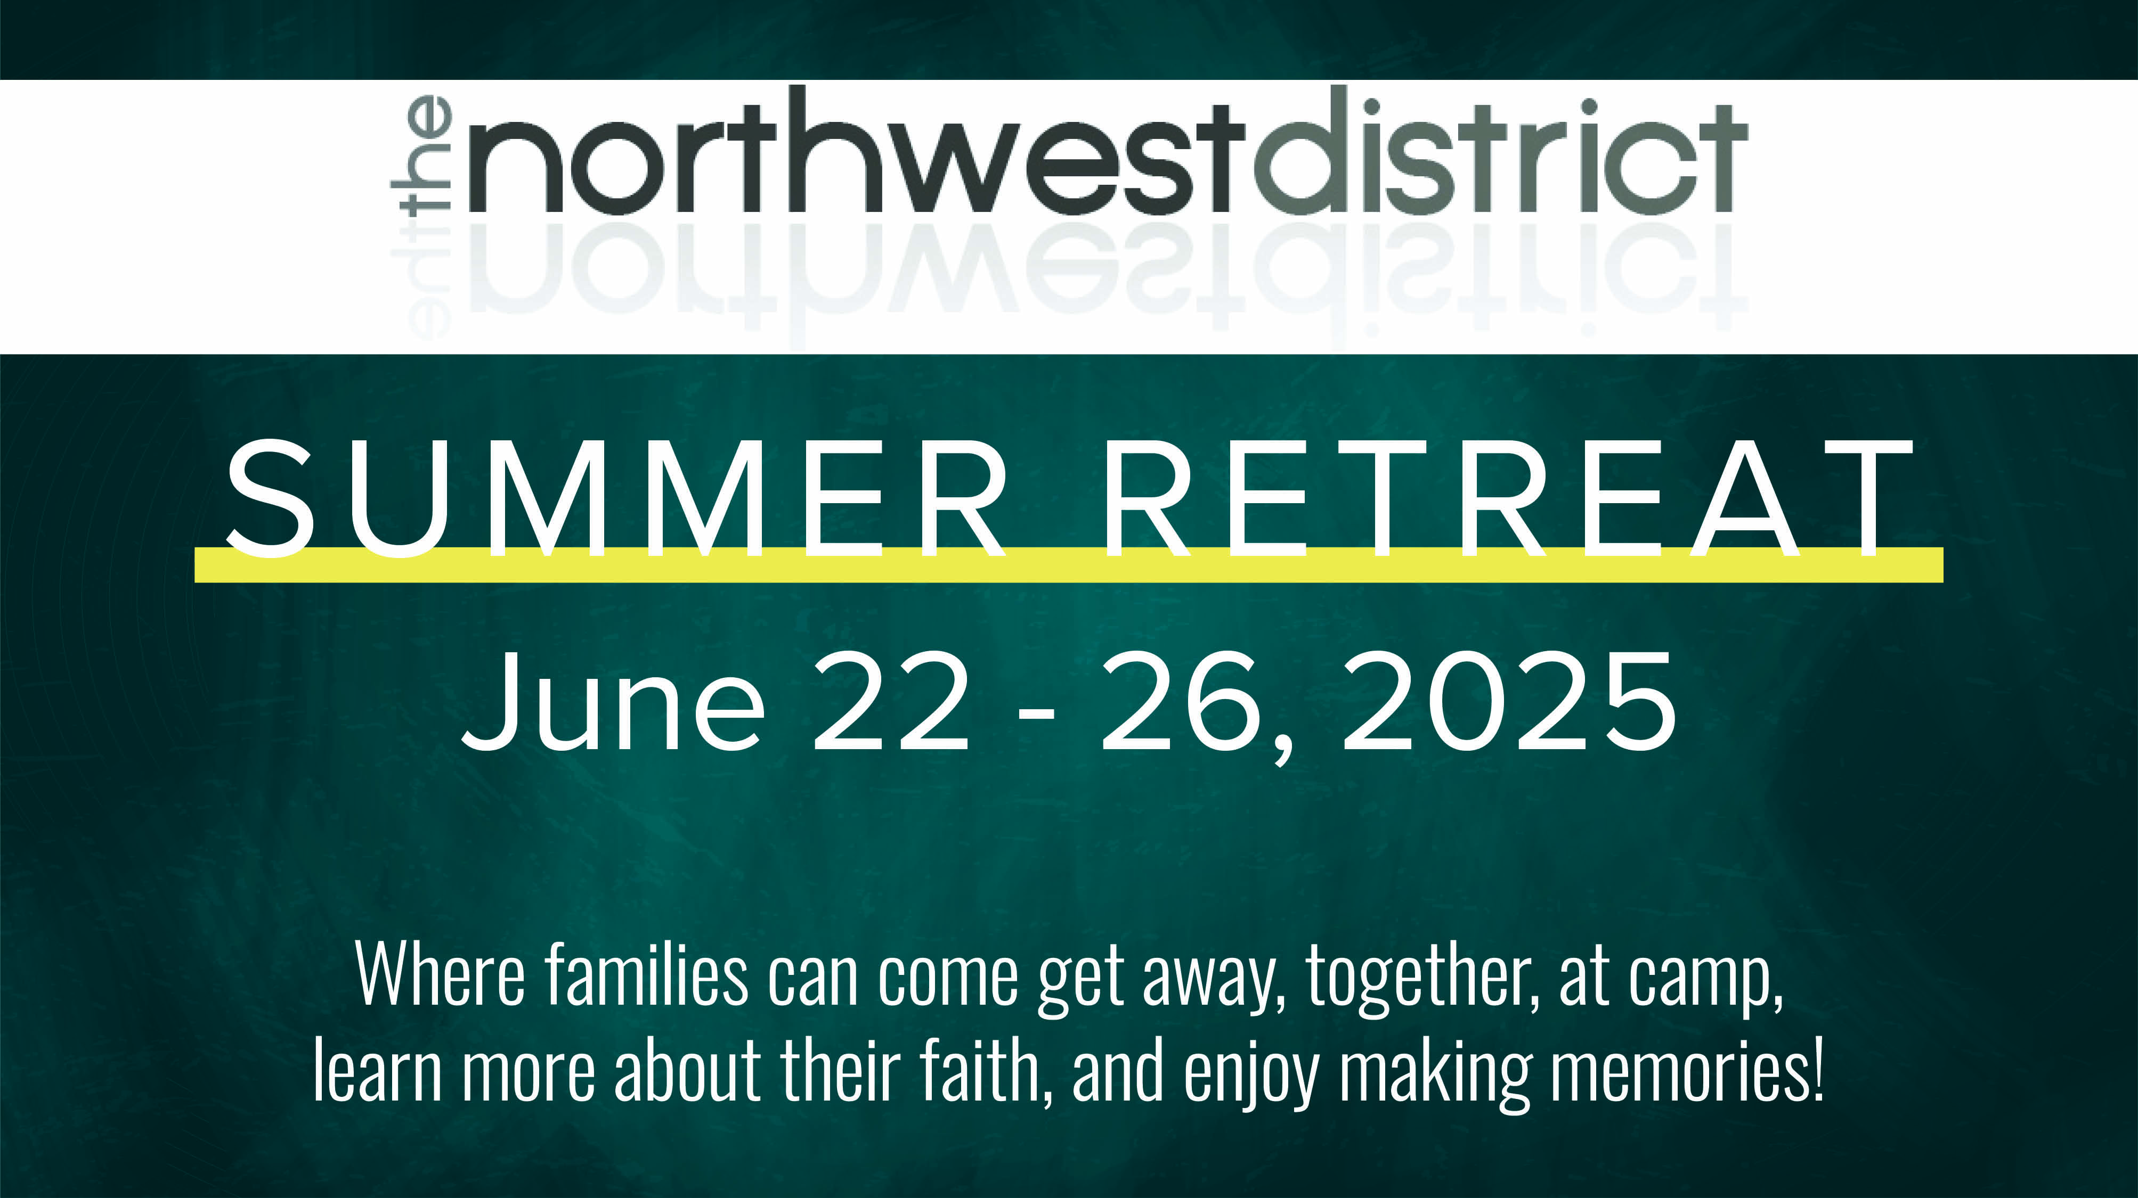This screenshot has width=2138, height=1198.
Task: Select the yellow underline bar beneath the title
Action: click(x=1069, y=564)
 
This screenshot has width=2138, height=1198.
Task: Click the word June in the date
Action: click(x=613, y=702)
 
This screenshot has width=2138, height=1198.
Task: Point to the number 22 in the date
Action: click(x=891, y=702)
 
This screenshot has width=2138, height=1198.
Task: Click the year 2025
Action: click(x=1508, y=702)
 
